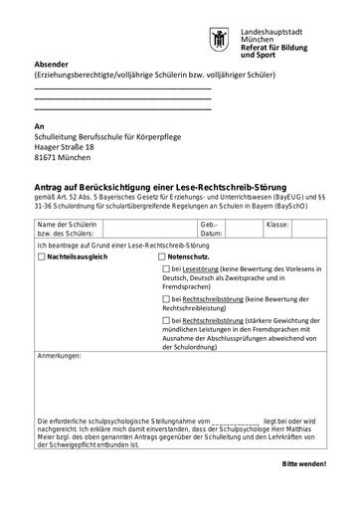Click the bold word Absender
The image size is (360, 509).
pos(53,64)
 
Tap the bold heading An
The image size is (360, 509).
pos(39,126)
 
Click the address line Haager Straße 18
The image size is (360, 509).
pos(67,146)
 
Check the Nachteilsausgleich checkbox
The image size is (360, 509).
pos(42,255)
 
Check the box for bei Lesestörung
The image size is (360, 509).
pos(164,269)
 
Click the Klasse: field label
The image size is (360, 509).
pos(277,225)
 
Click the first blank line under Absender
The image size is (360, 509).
pos(122,89)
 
